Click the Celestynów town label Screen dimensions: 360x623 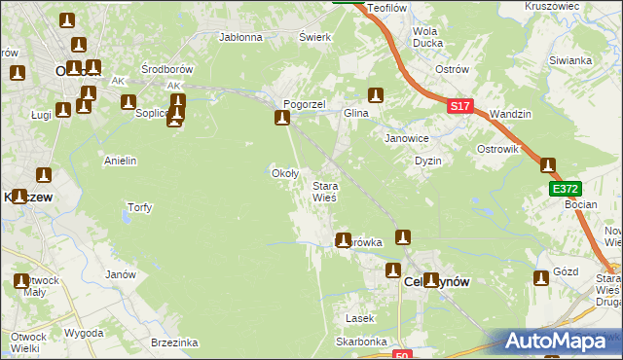[x=436, y=281]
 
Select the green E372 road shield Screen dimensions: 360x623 [x=564, y=188]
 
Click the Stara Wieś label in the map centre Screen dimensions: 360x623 [x=324, y=191]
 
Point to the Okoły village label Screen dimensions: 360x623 [x=283, y=173]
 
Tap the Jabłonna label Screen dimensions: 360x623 [x=241, y=38]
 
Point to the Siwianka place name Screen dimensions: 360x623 [x=570, y=60]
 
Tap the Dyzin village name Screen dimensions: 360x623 [x=428, y=161]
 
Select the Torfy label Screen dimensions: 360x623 [x=140, y=207]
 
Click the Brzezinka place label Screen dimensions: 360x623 [x=175, y=342]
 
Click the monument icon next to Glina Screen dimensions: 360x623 [x=376, y=95]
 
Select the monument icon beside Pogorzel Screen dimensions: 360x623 [x=282, y=119]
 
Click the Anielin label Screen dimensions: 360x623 [x=120, y=161]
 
